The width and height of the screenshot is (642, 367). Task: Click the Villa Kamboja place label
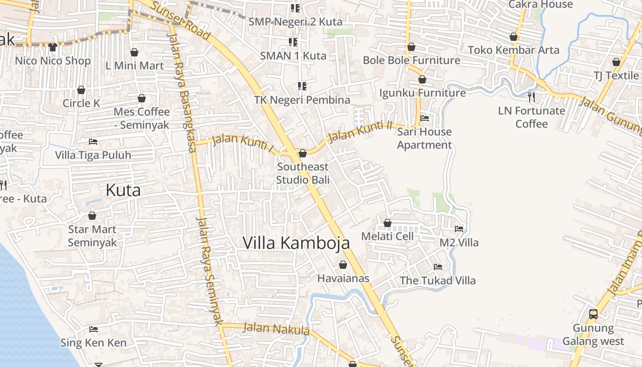(296, 243)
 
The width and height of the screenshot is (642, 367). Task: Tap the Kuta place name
(123, 190)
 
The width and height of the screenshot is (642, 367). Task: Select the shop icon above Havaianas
(343, 265)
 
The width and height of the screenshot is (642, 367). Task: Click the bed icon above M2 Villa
(459, 228)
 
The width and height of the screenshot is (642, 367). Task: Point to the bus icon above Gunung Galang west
(593, 314)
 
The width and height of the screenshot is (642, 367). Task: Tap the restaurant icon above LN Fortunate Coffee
(531, 97)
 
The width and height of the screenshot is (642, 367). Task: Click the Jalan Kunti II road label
(361, 130)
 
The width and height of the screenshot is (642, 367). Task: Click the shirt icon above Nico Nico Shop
(53, 47)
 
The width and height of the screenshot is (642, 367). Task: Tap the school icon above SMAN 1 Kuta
(293, 42)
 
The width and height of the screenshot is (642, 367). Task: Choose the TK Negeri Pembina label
(302, 100)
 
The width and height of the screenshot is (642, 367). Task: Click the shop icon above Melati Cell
(387, 223)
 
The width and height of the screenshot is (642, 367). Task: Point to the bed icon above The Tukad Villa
(438, 267)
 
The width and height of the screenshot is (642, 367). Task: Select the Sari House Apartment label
(424, 139)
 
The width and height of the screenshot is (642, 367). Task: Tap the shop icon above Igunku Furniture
(422, 79)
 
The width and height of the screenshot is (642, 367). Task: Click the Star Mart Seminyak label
(92, 236)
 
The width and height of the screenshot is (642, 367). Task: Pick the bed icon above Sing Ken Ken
(94, 329)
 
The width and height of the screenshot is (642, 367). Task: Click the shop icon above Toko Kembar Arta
(514, 37)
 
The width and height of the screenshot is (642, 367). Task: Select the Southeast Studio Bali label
(303, 173)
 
